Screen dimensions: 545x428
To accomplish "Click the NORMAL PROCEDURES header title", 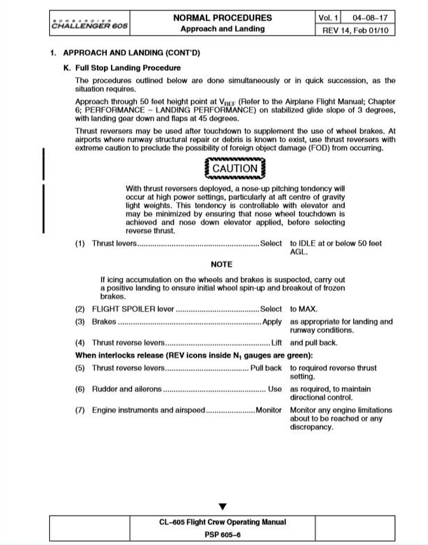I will click(222, 18).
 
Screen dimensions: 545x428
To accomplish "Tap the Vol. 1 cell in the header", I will click(328, 18).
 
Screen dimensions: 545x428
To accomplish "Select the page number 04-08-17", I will click(370, 18).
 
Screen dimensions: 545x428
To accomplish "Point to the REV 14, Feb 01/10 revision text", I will click(355, 30).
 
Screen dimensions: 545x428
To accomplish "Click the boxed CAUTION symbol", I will click(235, 168).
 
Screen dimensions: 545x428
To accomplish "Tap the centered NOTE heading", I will click(221, 264).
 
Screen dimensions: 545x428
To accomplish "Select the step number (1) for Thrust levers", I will click(80, 243).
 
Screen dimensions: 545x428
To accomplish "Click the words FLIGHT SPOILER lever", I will click(133, 309).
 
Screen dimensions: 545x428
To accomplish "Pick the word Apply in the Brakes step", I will click(272, 322).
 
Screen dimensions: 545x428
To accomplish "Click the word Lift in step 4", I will click(276, 343).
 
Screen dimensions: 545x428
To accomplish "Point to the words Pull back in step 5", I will click(266, 368).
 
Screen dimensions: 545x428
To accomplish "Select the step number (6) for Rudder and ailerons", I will click(80, 389).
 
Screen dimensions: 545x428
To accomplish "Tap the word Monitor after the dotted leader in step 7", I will click(268, 410).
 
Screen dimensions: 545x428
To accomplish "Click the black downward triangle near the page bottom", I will click(222, 507).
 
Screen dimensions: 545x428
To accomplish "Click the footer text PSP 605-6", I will click(222, 534).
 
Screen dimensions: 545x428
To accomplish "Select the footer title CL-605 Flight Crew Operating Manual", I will click(222, 522).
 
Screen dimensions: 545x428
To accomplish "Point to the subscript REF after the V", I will click(229, 104).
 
